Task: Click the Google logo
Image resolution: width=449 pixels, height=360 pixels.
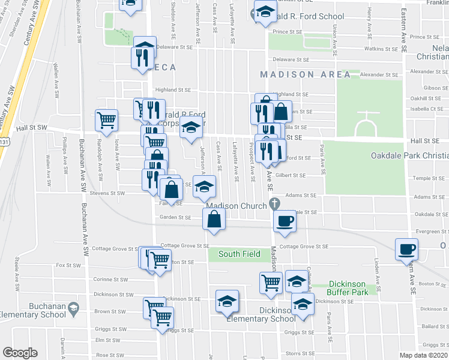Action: coord(20,353)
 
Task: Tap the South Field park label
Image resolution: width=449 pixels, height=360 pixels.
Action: coord(239,254)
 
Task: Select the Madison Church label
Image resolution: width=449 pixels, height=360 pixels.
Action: coord(237,206)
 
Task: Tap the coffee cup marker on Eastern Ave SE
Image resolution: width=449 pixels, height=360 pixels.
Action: coord(406,248)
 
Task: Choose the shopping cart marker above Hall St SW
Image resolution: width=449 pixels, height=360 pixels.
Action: coord(106,119)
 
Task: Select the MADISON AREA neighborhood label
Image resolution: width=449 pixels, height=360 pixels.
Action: coord(306,74)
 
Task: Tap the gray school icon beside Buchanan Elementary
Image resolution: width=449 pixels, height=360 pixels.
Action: coord(73,309)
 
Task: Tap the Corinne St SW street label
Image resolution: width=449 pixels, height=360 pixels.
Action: coord(112,280)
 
